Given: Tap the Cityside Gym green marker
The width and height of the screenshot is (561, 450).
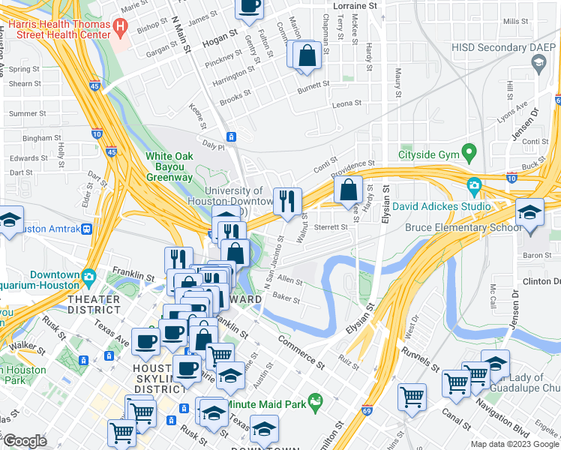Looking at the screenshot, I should pos(469,154).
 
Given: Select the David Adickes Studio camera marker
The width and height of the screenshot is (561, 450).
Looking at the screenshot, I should pos(474,185).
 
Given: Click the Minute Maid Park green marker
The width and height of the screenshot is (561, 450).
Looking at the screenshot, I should pos(316,402).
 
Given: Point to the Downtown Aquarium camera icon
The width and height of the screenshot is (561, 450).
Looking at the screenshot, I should pos(88,276).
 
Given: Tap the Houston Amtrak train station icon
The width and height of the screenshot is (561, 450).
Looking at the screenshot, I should pos(88,229).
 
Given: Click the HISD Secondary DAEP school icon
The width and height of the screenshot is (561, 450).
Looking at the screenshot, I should pos(538,62).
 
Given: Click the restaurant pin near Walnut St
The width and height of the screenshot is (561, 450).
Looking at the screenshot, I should pos(287,201).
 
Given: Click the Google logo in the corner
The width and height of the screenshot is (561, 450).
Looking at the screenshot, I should pos(25,441).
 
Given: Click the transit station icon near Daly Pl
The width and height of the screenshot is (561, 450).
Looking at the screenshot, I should pos(232,136).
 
